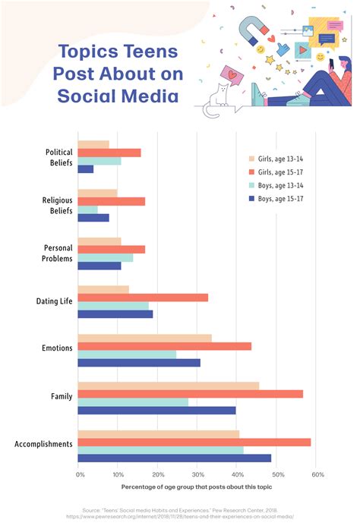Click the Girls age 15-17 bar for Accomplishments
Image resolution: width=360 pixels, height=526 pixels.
click(194, 442)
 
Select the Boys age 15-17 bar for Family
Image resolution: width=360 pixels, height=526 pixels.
click(156, 411)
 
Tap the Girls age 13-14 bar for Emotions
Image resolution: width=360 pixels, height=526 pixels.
click(144, 338)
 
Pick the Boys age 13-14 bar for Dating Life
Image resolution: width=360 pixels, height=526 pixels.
click(113, 306)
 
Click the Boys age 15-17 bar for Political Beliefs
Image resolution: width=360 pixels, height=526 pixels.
click(86, 169)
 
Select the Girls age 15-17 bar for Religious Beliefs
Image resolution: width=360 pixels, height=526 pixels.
click(111, 201)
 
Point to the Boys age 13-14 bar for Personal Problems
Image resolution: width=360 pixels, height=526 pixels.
click(106, 257)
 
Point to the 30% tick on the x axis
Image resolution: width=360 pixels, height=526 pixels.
click(197, 474)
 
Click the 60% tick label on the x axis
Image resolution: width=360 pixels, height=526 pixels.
click(317, 474)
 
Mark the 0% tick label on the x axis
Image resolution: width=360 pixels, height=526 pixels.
click(80, 474)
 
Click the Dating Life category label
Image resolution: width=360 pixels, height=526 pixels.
click(54, 301)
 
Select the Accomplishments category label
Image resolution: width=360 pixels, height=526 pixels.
click(44, 443)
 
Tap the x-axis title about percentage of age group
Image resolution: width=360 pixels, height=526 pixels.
click(197, 487)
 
